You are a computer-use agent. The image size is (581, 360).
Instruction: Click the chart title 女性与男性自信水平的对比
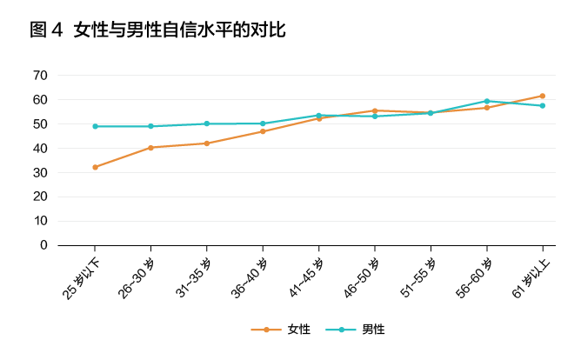[180, 30]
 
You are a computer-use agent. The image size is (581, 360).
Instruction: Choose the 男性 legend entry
[373, 330]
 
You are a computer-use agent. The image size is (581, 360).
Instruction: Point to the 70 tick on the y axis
[40, 75]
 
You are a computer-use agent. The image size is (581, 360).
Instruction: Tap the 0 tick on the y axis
[43, 245]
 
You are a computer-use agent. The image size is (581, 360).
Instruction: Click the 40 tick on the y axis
[40, 148]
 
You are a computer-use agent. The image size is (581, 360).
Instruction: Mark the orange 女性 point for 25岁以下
[95, 167]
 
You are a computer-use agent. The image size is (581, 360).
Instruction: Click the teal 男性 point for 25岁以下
[95, 126]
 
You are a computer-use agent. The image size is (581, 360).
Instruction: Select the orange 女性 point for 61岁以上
[542, 96]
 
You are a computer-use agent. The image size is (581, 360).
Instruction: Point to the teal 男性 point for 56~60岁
[486, 101]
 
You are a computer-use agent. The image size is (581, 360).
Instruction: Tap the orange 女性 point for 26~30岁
[150, 148]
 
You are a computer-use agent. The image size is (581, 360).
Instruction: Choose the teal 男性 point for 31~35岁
[206, 123]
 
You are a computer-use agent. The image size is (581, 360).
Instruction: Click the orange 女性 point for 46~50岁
[374, 110]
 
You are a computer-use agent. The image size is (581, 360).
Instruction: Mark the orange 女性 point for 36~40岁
[263, 131]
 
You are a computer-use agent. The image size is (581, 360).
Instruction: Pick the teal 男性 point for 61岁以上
[542, 105]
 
